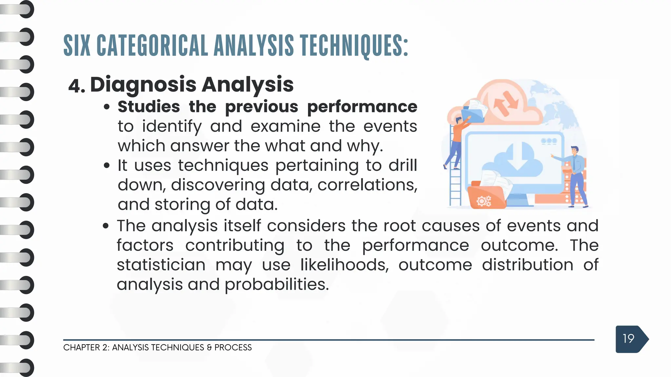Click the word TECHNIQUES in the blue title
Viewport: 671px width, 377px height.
pos(354,46)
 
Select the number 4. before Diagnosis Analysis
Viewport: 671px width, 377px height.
pos(77,86)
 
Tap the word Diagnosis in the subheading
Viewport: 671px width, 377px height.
pos(143,85)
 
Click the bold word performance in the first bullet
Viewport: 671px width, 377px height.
pos(362,107)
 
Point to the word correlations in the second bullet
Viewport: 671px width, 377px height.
pos(367,185)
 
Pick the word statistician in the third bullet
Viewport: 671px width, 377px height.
pos(161,265)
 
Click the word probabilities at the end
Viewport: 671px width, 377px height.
pos(277,284)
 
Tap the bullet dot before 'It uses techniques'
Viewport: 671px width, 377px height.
pos(106,166)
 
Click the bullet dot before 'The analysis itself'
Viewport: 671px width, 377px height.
pos(105,226)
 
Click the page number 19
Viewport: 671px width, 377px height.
pos(628,339)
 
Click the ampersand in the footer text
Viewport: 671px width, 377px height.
pos(209,348)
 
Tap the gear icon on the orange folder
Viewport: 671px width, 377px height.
pos(484,201)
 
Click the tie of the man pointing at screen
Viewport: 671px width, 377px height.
pos(574,164)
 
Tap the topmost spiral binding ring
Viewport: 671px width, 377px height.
pos(26,9)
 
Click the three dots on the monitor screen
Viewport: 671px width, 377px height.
pos(549,141)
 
